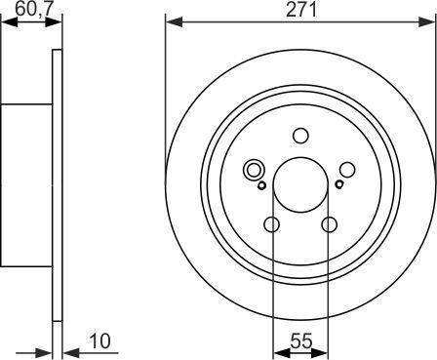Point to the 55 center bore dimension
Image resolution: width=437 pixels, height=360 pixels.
tap(300, 341)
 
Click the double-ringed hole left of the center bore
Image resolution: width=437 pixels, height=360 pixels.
tap(256, 170)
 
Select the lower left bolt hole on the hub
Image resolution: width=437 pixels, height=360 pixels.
tap(272, 225)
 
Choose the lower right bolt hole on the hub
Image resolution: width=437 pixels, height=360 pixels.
tap(328, 225)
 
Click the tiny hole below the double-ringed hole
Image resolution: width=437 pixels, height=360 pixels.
tap(260, 184)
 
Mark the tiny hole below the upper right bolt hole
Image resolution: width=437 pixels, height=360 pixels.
tap(338, 184)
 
